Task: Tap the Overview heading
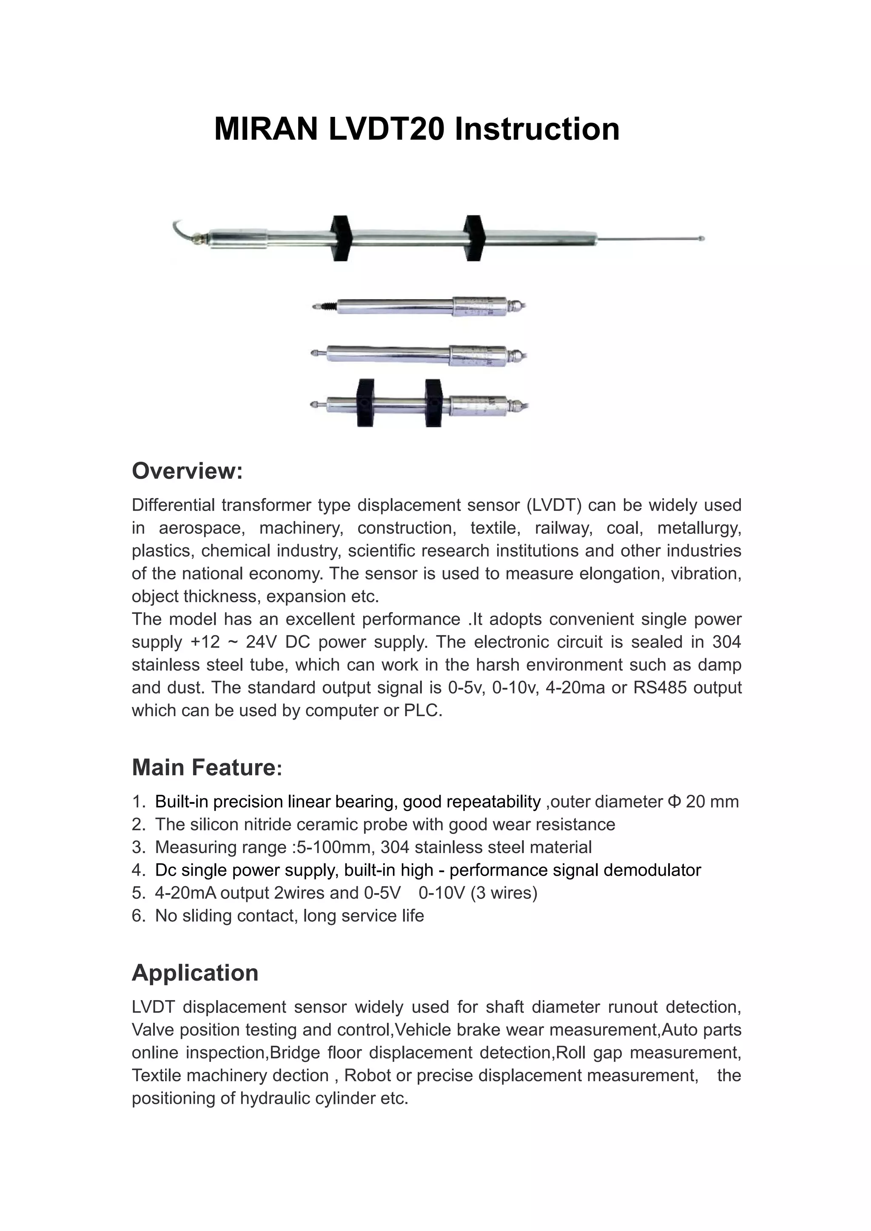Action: [x=187, y=471]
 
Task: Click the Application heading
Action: [x=195, y=973]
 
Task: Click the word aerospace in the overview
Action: [x=202, y=528]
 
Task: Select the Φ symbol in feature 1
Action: [x=674, y=802]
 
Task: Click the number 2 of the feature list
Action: [x=137, y=825]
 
